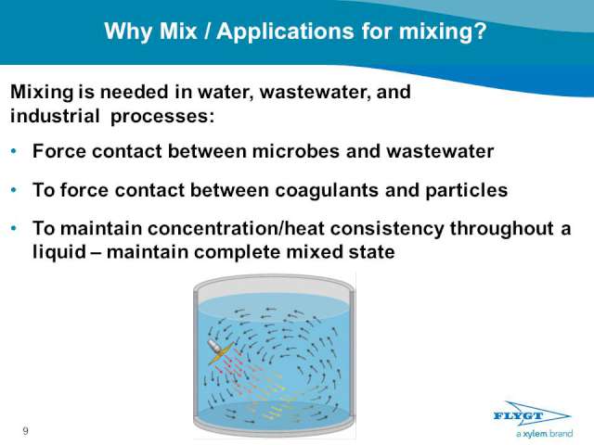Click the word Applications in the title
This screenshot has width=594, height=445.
pyautogui.click(x=286, y=31)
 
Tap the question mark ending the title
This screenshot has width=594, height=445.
pyautogui.click(x=480, y=31)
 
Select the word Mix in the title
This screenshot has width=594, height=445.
pyautogui.click(x=178, y=31)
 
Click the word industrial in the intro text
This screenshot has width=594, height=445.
pyautogui.click(x=55, y=115)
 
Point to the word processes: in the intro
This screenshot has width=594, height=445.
pyautogui.click(x=162, y=117)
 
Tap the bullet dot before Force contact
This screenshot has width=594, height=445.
pyautogui.click(x=14, y=151)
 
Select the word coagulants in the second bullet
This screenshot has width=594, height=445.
pyautogui.click(x=327, y=190)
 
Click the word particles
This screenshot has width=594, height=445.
pyautogui.click(x=466, y=190)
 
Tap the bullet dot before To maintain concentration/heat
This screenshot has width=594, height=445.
pyautogui.click(x=14, y=228)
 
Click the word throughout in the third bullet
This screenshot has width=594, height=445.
pyautogui.click(x=501, y=229)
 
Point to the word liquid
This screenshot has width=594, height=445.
pyautogui.click(x=59, y=252)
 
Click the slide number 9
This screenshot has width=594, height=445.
pyautogui.click(x=25, y=430)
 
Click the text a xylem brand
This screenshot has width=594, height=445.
pyautogui.click(x=544, y=434)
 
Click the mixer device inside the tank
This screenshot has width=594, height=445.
pyautogui.click(x=221, y=350)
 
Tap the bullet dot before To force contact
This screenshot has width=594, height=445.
pyautogui.click(x=14, y=189)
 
